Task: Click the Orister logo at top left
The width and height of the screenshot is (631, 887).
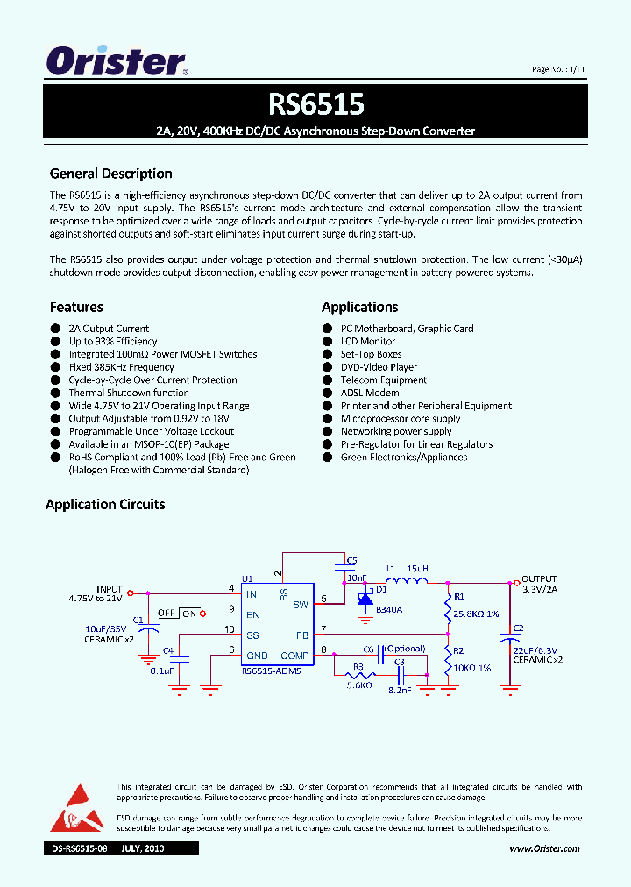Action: coord(116,61)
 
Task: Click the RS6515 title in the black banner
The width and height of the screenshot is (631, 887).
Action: coord(315,104)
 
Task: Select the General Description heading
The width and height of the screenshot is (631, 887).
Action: coord(110,174)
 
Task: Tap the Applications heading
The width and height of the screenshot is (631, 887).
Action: coord(359,307)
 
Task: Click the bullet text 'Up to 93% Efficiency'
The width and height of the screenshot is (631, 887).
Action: coord(113,342)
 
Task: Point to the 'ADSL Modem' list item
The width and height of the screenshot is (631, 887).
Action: coord(369,393)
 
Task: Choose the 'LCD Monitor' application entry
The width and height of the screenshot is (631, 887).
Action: coord(367,342)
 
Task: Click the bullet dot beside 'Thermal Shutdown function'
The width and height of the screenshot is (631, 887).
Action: coord(55,394)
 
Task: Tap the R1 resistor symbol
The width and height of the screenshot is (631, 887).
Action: coord(449,605)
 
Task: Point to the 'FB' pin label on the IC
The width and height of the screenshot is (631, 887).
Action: coord(301,635)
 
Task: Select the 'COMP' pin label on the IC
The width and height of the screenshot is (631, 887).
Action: coord(294,656)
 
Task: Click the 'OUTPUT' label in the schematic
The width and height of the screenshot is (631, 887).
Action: coord(539,579)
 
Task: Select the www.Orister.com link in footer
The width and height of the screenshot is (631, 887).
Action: coord(544,848)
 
